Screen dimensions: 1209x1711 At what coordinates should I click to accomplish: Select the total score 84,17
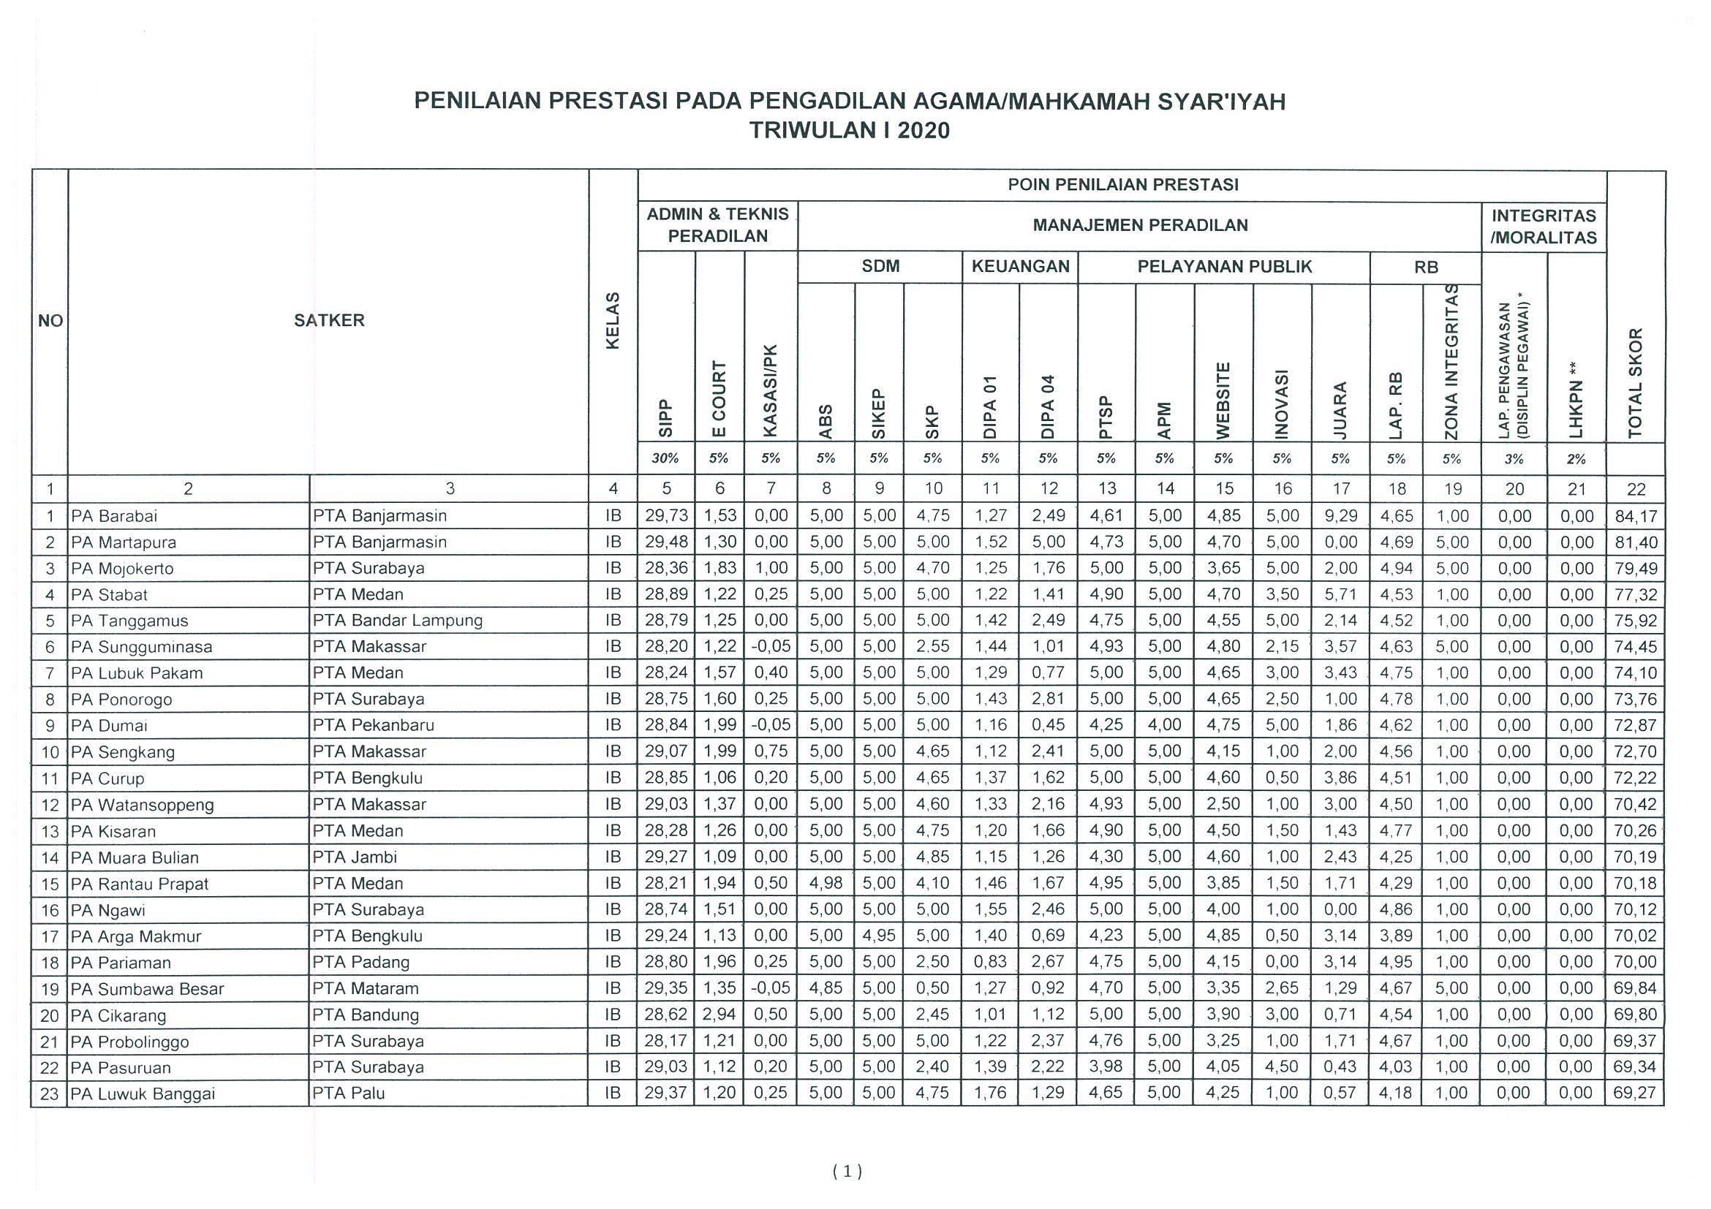pos(1636,516)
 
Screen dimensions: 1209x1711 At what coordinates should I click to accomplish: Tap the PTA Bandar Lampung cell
pos(397,621)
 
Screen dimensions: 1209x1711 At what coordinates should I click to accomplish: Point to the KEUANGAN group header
pos(1020,267)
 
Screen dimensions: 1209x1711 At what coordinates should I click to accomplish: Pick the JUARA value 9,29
pos(1340,516)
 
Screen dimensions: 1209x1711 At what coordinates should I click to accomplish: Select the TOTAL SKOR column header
pos(1635,383)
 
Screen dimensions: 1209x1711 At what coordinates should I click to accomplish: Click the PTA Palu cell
pos(349,1094)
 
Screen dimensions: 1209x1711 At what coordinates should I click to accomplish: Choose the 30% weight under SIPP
pos(666,459)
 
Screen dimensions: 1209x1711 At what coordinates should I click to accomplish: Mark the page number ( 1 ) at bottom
pos(847,1172)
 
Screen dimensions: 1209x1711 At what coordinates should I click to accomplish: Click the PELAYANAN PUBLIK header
pos(1223,267)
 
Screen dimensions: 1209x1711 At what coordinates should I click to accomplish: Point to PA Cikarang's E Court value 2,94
pos(719,1015)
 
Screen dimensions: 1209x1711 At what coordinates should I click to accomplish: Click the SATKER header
pos(328,321)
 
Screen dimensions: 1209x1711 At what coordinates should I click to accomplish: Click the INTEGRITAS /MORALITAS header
pos(1544,227)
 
